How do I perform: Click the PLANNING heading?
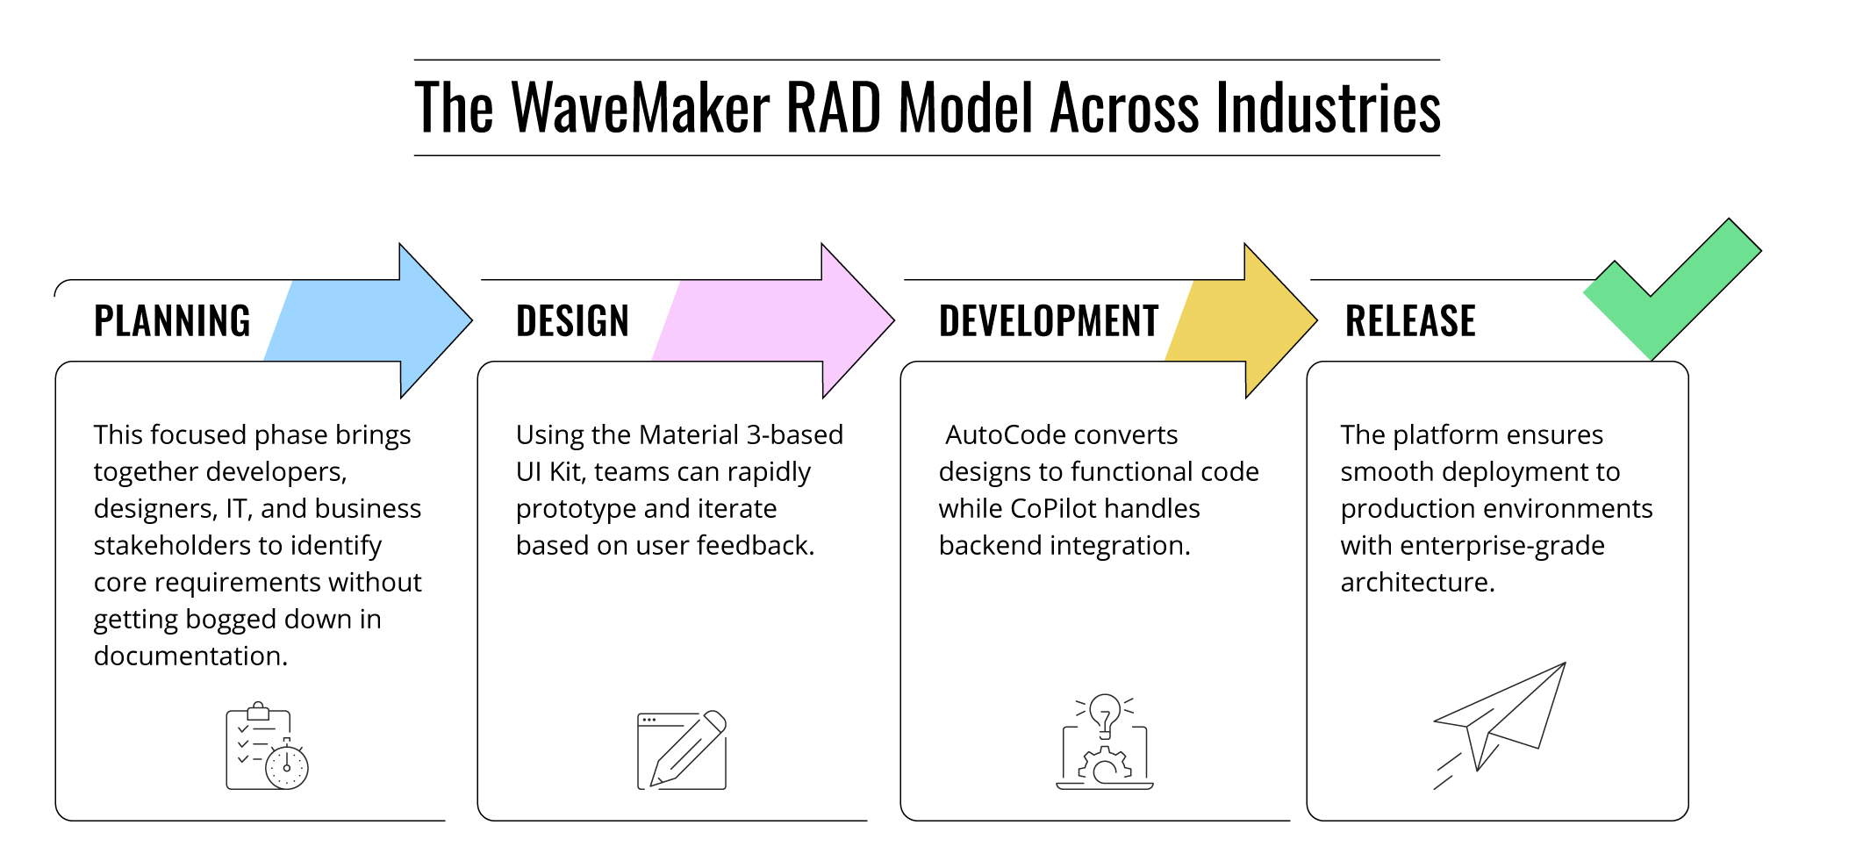click(x=172, y=321)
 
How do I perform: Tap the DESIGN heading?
click(x=572, y=321)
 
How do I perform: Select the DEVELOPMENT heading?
click(x=1049, y=321)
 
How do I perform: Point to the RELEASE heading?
click(x=1410, y=321)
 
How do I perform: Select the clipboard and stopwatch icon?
click(x=267, y=746)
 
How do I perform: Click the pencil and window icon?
click(x=682, y=750)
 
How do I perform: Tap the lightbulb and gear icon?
click(x=1104, y=742)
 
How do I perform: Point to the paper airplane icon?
click(x=1500, y=725)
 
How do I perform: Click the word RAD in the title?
click(x=834, y=108)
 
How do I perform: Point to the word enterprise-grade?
click(x=1502, y=547)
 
